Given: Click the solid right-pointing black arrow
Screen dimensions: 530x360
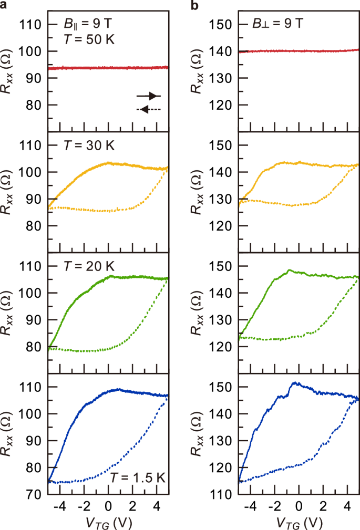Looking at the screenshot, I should [x=149, y=96].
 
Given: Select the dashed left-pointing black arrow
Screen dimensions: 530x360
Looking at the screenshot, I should [x=149, y=109].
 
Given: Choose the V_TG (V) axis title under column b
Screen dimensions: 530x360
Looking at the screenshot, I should [x=299, y=521].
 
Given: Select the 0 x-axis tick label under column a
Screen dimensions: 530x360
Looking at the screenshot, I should [x=108, y=506].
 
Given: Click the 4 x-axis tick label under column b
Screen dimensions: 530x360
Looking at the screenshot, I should [x=346, y=506].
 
